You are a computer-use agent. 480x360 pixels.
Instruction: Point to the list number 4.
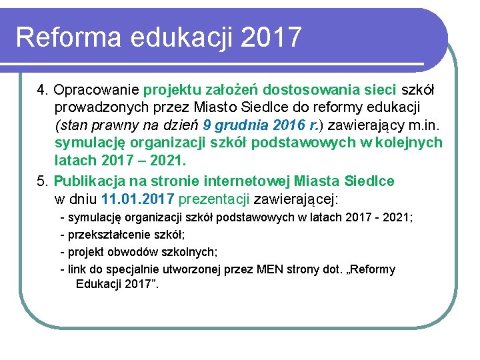pos(41,89)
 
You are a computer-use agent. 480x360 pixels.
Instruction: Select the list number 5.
pos(41,181)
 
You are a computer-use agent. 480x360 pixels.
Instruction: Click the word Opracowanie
pos(97,89)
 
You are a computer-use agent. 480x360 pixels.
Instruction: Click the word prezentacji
pos(214,199)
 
